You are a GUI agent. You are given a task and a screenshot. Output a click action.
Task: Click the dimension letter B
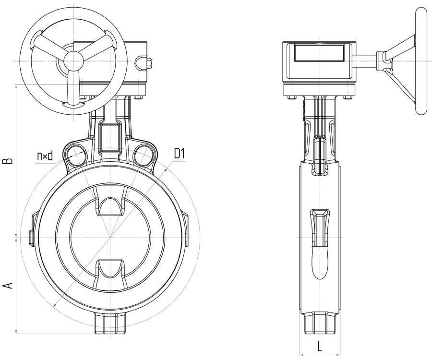click(x=9, y=161)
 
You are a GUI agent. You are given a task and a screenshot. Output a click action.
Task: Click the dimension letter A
click(x=9, y=285)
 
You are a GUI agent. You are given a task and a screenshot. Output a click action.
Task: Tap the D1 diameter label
click(x=179, y=154)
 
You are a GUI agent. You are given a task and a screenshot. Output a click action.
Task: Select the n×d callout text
click(x=45, y=156)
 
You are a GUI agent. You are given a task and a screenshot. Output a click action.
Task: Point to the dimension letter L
click(x=319, y=346)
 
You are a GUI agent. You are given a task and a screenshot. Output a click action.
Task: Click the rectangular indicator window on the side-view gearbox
click(x=319, y=53)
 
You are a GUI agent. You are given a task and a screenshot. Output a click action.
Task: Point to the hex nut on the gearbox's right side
click(x=149, y=63)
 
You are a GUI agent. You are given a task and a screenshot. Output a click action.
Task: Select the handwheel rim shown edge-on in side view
click(x=420, y=60)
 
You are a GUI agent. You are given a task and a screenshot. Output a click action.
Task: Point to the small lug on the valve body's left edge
click(x=31, y=236)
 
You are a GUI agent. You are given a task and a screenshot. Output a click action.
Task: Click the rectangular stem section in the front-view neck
click(x=110, y=137)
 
